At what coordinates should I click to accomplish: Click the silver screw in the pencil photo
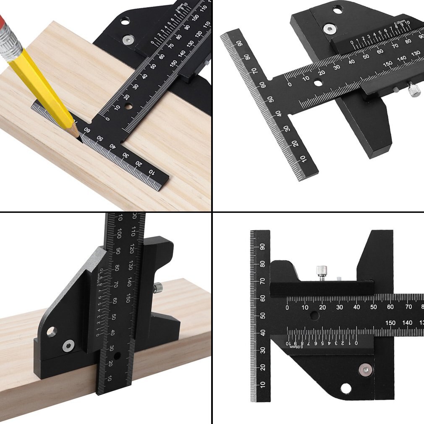point(127,40)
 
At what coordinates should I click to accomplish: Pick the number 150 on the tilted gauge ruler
point(388,64)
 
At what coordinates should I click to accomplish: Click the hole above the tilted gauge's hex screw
point(338,9)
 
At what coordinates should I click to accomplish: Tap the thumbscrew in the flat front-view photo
point(322,271)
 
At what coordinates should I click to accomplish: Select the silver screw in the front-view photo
point(365,370)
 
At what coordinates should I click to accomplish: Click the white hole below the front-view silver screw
point(346,389)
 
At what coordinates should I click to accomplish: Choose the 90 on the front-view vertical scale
point(262,246)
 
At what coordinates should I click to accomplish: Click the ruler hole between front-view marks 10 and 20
point(314,315)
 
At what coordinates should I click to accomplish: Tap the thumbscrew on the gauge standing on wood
point(159,288)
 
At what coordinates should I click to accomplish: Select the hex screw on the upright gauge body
point(67,346)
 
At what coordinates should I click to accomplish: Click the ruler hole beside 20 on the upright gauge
point(117,356)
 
